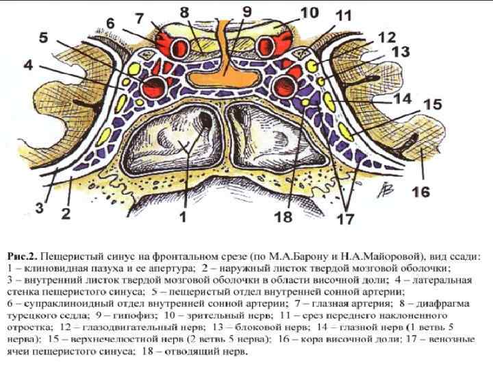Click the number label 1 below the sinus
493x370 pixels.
click(183, 217)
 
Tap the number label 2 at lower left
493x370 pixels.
click(65, 214)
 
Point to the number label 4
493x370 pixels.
click(27, 66)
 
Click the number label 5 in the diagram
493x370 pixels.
click(43, 38)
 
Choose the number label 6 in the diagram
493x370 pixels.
click(110, 24)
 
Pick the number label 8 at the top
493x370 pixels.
click(184, 12)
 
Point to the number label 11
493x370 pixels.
click(344, 15)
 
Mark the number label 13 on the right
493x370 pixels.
click(401, 51)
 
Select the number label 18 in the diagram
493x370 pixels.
click(283, 217)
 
